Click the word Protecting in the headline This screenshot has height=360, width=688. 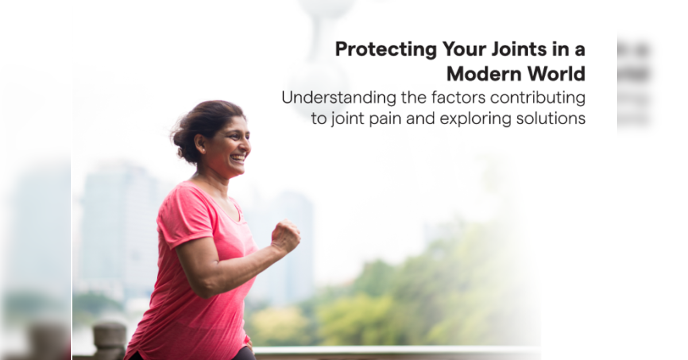point(386,49)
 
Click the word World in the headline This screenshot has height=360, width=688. point(556,73)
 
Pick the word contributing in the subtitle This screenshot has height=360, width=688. point(538,98)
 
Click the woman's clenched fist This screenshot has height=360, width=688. point(285,237)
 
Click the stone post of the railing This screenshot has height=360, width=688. point(109,340)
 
